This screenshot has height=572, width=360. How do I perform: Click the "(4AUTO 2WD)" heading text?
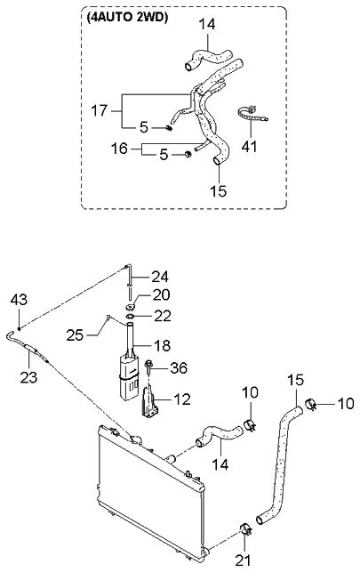tap(127, 18)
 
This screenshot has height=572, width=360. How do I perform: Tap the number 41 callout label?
tap(250, 147)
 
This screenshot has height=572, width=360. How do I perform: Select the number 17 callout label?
tap(99, 110)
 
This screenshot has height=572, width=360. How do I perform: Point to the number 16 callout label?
tap(119, 149)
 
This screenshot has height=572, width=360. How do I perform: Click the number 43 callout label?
tap(19, 300)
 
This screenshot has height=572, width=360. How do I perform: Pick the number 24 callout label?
tap(160, 277)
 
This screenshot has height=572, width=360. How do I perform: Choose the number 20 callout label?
tap(162, 294)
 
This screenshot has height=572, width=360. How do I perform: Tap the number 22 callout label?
tap(163, 316)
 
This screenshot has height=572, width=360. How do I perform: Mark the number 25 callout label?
tap(75, 334)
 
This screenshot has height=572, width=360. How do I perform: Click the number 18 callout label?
tap(163, 345)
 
